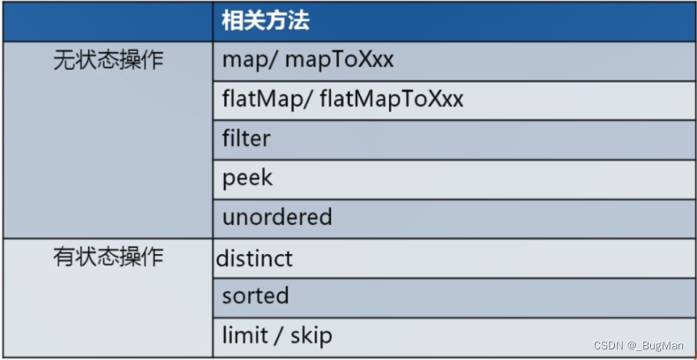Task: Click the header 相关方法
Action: coord(266,20)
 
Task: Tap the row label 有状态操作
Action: coord(109,258)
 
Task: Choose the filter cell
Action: coord(246,139)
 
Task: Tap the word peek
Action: coord(247,178)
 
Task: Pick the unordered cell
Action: coord(277,217)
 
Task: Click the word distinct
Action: coord(254,259)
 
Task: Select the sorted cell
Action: coord(255,296)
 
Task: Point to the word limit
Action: coord(241,335)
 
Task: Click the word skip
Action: coord(311,335)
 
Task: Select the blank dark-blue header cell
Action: coord(109,20)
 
